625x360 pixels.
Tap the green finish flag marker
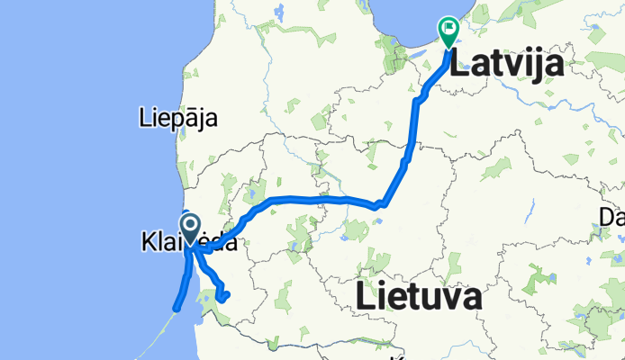click(448, 31)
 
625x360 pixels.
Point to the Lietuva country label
click(417, 296)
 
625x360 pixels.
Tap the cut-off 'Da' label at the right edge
click(611, 217)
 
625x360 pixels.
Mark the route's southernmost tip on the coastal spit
click(177, 310)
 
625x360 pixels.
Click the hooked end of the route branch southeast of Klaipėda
click(228, 294)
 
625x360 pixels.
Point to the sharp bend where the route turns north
click(384, 203)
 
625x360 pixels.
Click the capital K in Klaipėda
click(147, 242)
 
